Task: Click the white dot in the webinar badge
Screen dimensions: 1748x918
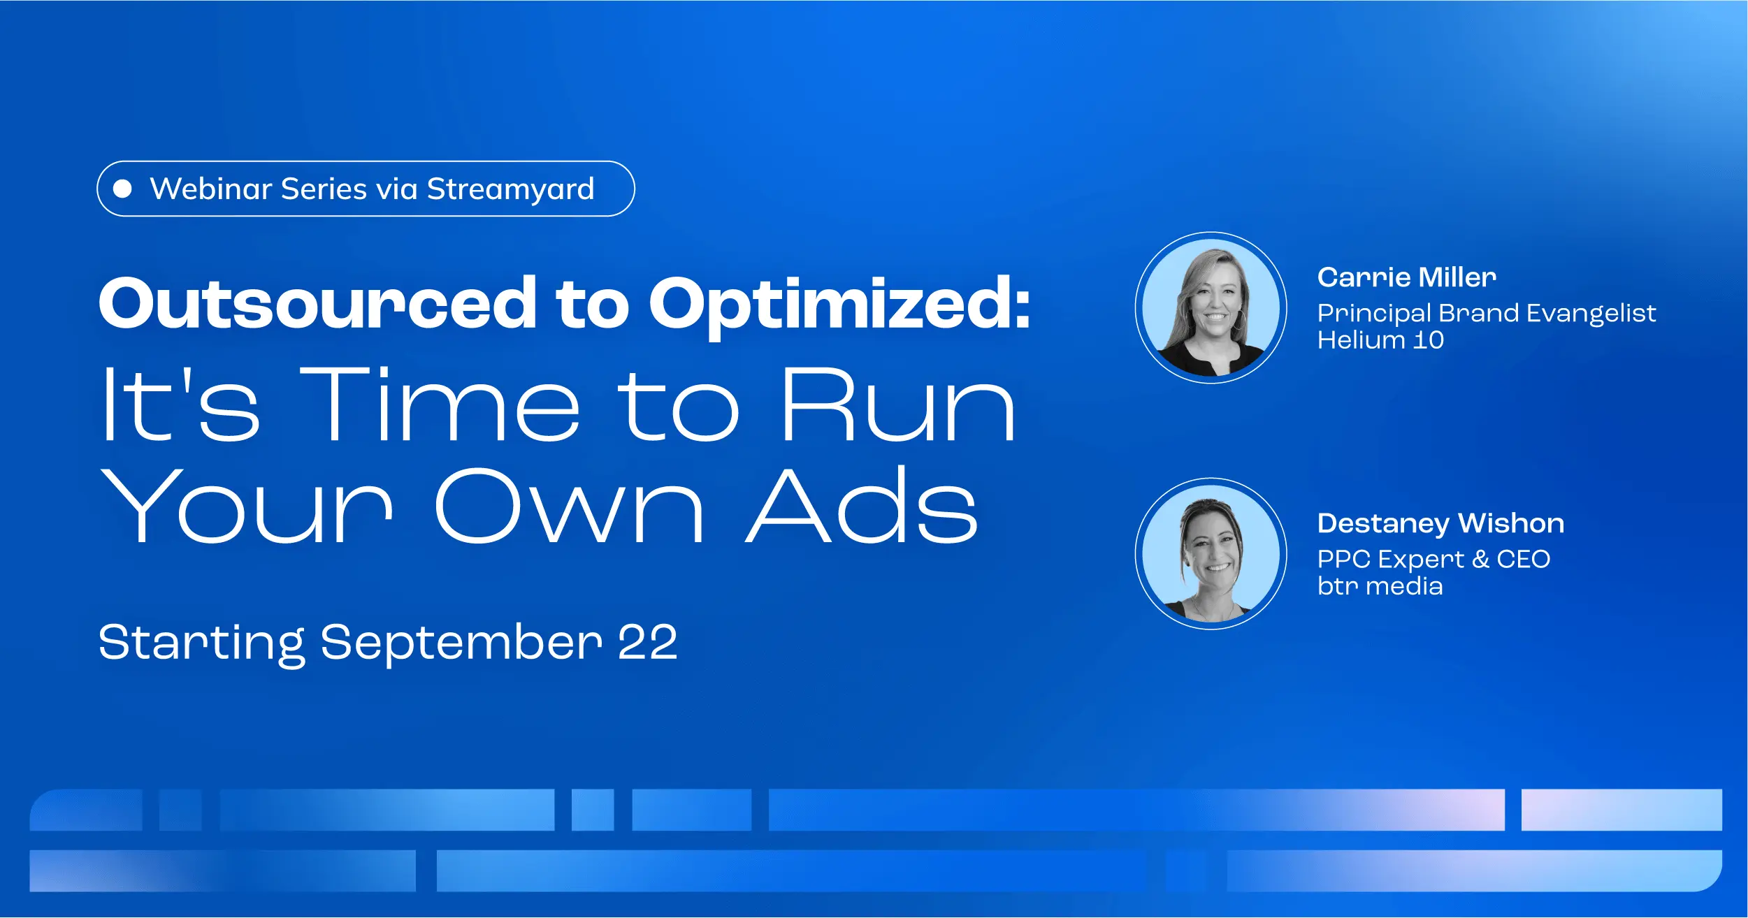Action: tap(122, 189)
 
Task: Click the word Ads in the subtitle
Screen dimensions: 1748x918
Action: tap(862, 504)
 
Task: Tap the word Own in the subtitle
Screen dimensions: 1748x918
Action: tap(569, 505)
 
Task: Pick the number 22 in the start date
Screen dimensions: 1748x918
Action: tap(648, 642)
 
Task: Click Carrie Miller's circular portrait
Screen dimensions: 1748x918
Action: tap(1211, 307)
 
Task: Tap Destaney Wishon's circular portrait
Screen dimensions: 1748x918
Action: tap(1211, 553)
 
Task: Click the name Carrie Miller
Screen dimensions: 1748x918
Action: tap(1407, 277)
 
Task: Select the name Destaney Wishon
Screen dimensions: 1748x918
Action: tap(1440, 524)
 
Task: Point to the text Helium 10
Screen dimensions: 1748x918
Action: tap(1380, 340)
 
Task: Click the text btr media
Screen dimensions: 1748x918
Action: tap(1380, 585)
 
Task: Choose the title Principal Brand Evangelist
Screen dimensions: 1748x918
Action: tap(1487, 314)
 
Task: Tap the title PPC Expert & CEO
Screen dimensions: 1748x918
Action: tap(1433, 560)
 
